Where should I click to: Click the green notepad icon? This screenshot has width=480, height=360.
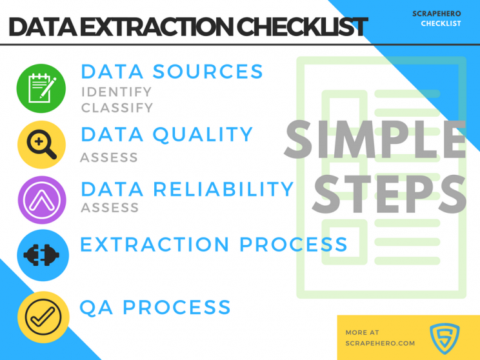[41, 88]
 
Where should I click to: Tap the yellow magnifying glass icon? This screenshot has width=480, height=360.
[42, 145]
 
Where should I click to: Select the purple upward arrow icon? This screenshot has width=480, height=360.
[42, 200]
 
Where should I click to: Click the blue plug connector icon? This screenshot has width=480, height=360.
[43, 255]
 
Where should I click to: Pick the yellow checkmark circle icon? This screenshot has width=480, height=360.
[43, 317]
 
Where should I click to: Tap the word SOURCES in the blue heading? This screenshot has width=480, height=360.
[208, 72]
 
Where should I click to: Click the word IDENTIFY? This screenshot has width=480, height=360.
[117, 92]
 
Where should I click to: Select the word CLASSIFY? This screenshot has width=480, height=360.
[117, 108]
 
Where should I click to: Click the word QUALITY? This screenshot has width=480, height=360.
[203, 135]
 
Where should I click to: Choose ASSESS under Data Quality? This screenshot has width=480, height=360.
[109, 157]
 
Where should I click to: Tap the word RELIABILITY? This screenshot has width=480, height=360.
[223, 189]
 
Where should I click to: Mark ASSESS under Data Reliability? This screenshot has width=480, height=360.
[110, 208]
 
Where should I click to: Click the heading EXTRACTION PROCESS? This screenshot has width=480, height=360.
[214, 245]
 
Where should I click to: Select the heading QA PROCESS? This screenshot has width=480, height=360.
[155, 307]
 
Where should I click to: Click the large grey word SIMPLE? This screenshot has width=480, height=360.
[375, 139]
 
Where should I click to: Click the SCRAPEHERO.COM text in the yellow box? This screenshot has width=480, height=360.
[380, 343]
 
